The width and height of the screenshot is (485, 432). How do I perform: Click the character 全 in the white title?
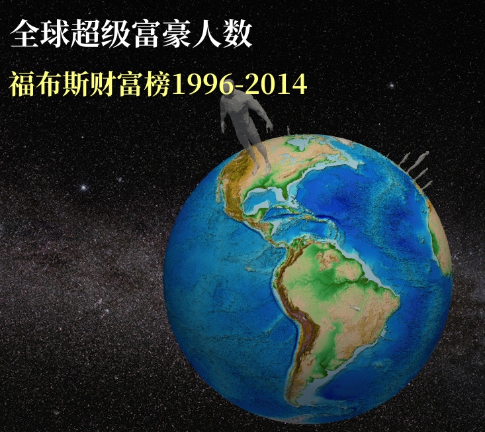24,33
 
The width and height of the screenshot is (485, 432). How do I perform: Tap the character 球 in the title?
55,33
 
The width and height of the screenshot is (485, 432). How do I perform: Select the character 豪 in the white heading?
176,33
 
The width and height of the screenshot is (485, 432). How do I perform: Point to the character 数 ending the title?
238,33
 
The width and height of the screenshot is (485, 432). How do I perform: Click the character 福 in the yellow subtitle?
22,84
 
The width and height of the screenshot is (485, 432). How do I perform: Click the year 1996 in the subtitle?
202,84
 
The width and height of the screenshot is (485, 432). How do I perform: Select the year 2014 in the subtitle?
276,84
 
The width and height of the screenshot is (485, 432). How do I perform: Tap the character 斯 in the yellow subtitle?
76,84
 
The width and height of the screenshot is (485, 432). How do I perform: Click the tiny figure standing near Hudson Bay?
288,130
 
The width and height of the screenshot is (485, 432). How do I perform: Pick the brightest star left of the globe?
83,187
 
